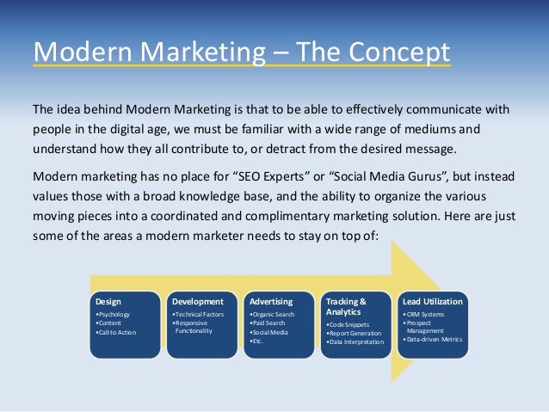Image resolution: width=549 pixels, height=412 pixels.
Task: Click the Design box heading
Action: point(108,302)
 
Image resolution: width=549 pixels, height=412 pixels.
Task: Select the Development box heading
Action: point(198,302)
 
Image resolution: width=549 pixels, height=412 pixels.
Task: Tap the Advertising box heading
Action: point(270,302)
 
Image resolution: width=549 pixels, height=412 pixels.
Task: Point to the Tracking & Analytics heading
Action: point(346,306)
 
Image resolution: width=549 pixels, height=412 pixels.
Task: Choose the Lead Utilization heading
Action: point(432,302)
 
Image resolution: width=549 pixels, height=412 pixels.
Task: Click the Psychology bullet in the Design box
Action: point(113,315)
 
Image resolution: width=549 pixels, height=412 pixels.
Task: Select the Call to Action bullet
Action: point(118,331)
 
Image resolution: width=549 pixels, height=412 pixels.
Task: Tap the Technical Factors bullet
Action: point(199,315)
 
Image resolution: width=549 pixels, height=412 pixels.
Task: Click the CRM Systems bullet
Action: point(425,314)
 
